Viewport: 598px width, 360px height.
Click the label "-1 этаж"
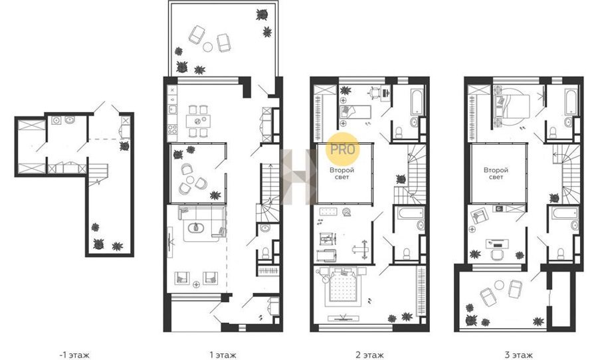[74, 355]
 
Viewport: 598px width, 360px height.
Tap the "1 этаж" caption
[223, 355]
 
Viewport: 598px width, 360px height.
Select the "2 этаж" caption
[369, 355]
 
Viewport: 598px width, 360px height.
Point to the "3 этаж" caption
[518, 355]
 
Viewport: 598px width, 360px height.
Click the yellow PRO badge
[342, 149]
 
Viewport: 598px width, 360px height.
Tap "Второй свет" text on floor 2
[342, 173]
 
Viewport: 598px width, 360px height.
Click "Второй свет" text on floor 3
[496, 173]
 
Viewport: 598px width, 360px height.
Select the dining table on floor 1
[198, 122]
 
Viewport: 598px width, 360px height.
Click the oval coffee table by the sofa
[196, 228]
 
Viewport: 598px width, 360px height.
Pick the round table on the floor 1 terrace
[207, 47]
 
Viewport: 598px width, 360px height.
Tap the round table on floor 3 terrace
[499, 284]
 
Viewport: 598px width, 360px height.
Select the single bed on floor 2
[355, 112]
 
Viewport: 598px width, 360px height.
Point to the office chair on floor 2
[373, 92]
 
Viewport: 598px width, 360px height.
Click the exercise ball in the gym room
[346, 213]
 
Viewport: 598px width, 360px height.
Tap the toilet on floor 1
[265, 252]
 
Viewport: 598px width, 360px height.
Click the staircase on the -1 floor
[98, 175]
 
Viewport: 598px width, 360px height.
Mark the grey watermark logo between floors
[298, 177]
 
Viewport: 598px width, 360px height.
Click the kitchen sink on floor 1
[172, 110]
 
